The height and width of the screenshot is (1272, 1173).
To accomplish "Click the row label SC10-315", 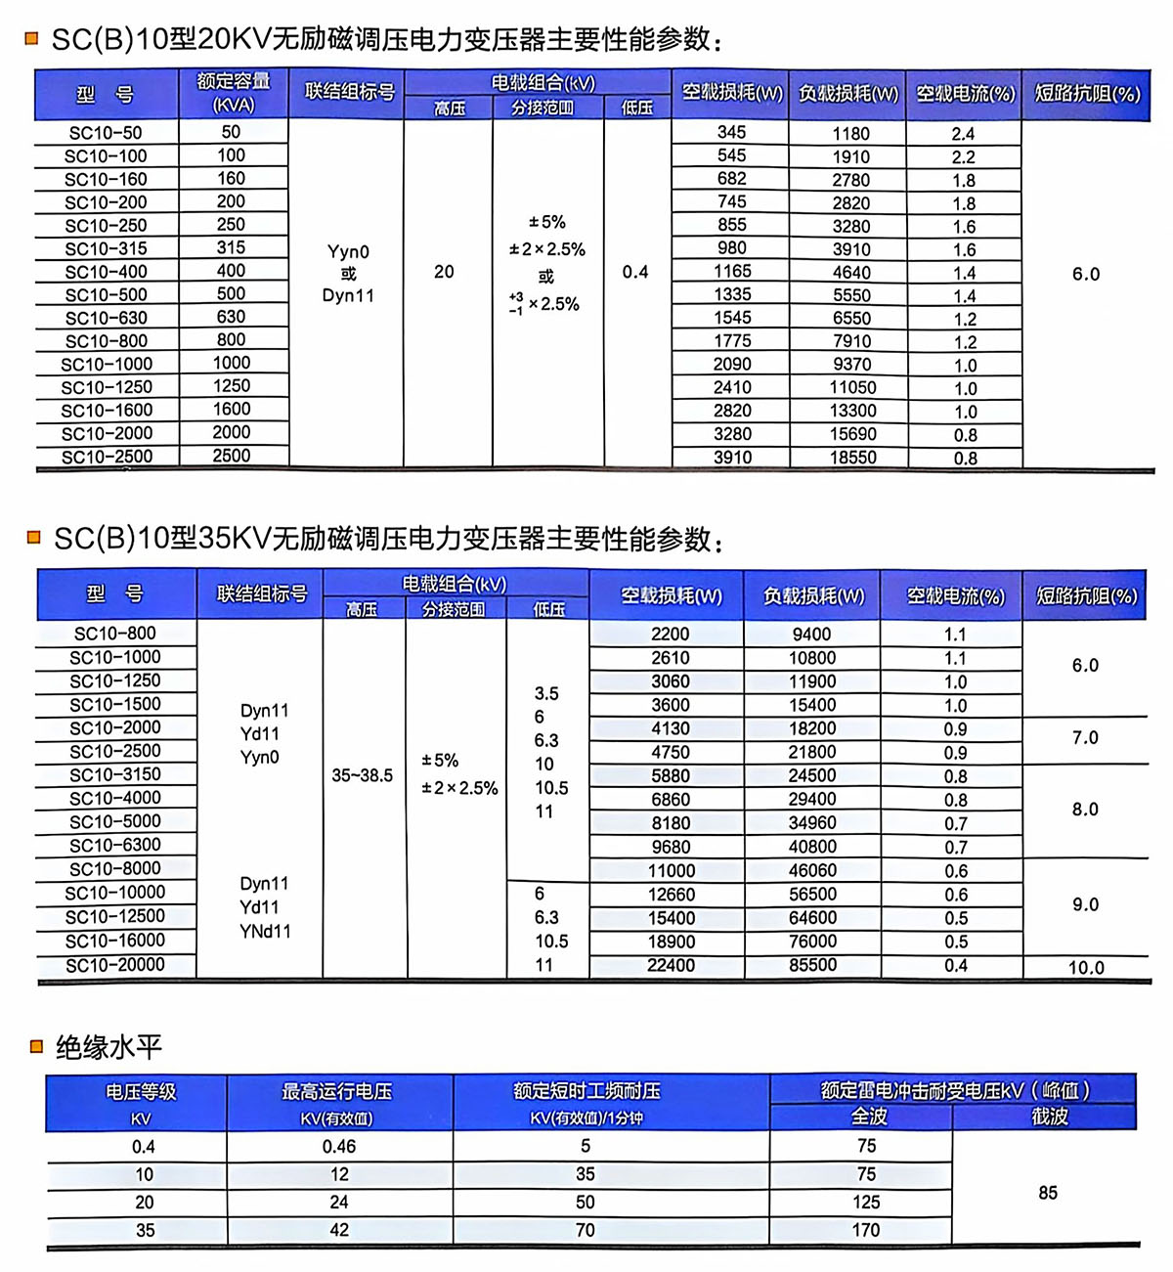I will (x=106, y=249).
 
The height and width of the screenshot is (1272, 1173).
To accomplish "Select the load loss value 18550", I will (x=852, y=458).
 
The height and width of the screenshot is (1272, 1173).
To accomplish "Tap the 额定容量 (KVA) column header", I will (x=233, y=94).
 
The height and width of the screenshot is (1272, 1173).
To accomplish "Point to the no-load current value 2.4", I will (x=963, y=134).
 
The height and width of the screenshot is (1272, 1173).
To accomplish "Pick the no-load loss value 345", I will (x=731, y=132).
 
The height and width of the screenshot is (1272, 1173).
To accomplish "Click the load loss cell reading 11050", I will (x=852, y=388).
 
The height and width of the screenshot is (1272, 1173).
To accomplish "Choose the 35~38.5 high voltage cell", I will (x=362, y=775).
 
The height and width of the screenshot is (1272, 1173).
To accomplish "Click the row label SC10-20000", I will (x=115, y=966).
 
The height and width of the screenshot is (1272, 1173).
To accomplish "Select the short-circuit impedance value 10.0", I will (x=1086, y=968).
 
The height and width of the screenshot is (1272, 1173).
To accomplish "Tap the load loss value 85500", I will (x=812, y=966).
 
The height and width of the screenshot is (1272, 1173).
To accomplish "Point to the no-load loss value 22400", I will (x=671, y=966).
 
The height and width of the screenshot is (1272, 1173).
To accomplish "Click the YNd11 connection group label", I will (x=265, y=932).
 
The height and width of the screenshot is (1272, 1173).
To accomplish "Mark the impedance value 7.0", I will (x=1085, y=738).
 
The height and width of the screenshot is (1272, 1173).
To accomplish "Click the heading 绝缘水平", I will (x=109, y=1048).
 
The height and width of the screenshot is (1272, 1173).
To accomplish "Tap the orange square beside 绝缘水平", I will (x=37, y=1047).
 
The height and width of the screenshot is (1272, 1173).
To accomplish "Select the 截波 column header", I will (x=1050, y=1117).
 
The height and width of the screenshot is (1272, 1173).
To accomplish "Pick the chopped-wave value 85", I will (x=1048, y=1193).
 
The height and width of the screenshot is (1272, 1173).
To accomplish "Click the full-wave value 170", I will (x=866, y=1231).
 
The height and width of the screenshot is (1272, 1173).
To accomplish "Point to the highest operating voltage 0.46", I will (x=338, y=1147).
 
